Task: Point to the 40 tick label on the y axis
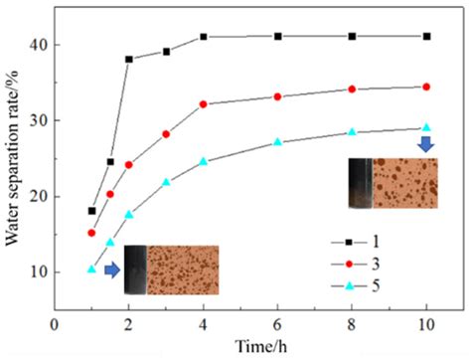(x=37, y=45)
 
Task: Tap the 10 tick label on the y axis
(x=37, y=270)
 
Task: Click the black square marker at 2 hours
(x=129, y=59)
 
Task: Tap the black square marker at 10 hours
(x=426, y=36)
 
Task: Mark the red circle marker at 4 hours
(x=204, y=103)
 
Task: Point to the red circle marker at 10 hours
(x=426, y=87)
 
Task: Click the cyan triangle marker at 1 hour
(x=92, y=269)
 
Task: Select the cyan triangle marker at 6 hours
(x=277, y=142)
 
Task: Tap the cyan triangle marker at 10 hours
(x=426, y=127)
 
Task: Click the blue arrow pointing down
(x=426, y=145)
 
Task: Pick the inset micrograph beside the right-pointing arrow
(x=171, y=270)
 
